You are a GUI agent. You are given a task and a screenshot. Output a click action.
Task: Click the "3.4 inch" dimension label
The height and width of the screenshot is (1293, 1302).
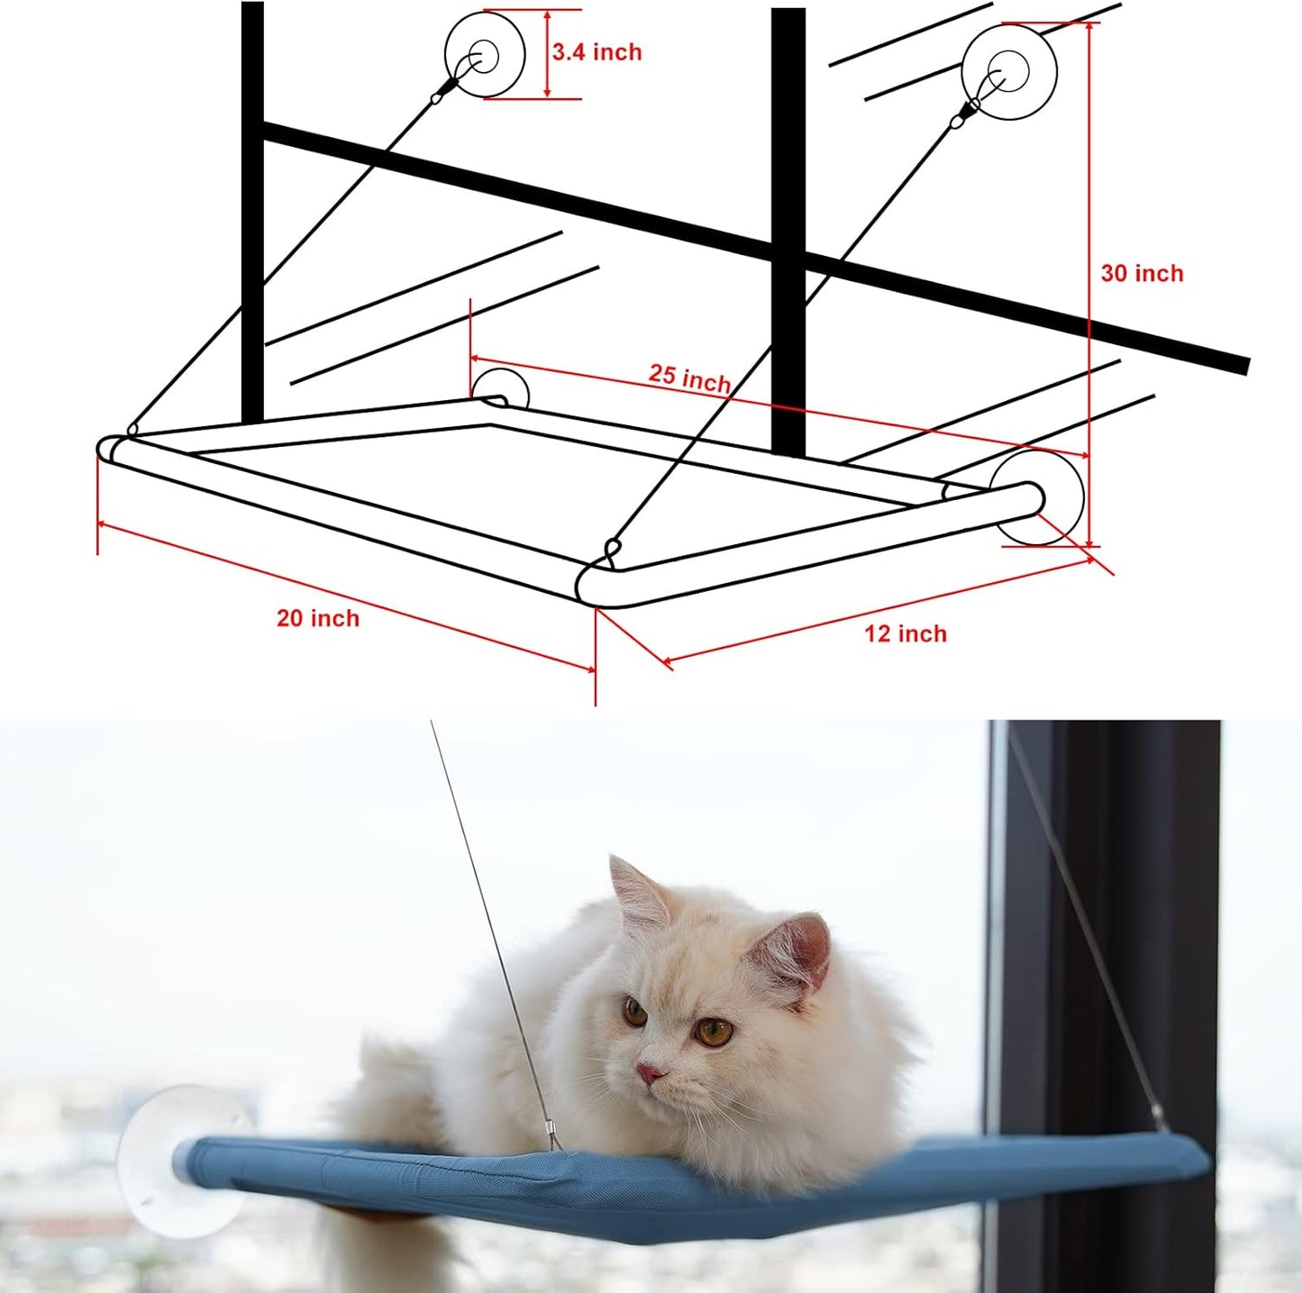[x=596, y=52]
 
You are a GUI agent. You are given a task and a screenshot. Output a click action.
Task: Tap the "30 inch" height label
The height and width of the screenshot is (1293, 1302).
[x=1142, y=273]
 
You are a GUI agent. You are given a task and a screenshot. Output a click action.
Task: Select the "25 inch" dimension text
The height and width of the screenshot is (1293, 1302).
[x=689, y=378]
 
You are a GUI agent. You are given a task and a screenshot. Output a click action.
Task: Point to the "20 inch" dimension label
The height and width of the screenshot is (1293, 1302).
[x=317, y=618]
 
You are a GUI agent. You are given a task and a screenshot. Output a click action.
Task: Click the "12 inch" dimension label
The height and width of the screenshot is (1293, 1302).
[x=906, y=634]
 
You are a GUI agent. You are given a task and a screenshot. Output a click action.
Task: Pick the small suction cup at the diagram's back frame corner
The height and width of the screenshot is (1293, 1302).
[x=501, y=388]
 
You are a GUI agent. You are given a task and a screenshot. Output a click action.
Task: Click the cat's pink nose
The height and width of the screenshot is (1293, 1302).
[x=650, y=1073]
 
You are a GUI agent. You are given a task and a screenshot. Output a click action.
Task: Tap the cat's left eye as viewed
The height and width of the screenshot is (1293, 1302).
[x=636, y=1012]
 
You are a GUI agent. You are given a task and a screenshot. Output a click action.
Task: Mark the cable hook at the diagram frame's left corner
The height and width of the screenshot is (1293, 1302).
[x=132, y=430]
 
